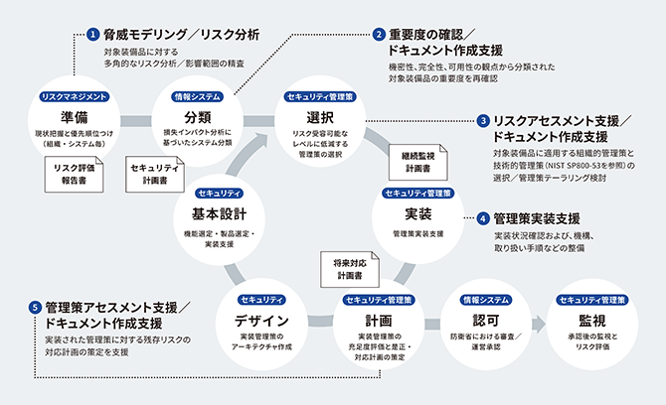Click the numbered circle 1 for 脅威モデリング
pyautogui.click(x=92, y=33)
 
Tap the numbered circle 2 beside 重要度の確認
pyautogui.click(x=379, y=33)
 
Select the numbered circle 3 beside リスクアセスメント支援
pyautogui.click(x=483, y=119)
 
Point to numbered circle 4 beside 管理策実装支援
pyautogui.click(x=483, y=217)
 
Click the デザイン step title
pyautogui.click(x=261, y=320)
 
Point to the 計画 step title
pyautogui.click(x=378, y=320)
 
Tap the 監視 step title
pyautogui.click(x=591, y=320)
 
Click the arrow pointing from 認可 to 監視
pyautogui.click(x=538, y=324)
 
